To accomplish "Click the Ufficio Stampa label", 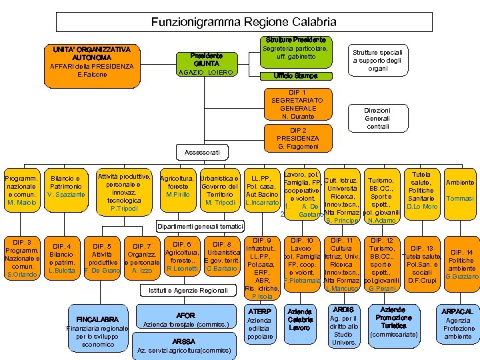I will coord(294,75).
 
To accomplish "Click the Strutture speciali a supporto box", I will coord(381,60).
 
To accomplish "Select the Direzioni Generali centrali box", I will coord(377,118).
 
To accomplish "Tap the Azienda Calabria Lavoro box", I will coord(299,320).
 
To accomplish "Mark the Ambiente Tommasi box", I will coord(459,190).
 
